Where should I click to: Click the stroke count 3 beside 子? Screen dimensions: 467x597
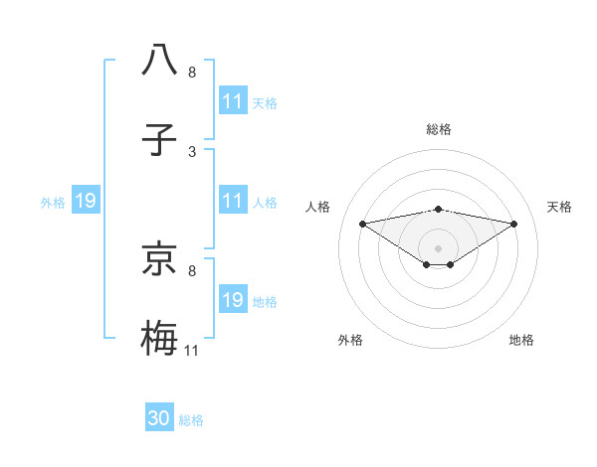click(x=192, y=152)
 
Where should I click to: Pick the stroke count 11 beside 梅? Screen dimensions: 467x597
click(x=192, y=351)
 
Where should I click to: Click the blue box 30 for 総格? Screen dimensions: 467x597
click(x=159, y=418)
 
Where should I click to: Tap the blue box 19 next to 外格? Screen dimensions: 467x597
click(x=86, y=202)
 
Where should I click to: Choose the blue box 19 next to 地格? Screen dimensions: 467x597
click(x=232, y=300)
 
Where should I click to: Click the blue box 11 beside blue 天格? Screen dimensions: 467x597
click(x=232, y=101)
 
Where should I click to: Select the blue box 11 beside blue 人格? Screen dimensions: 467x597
click(x=232, y=202)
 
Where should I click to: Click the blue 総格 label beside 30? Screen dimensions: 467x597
click(x=191, y=420)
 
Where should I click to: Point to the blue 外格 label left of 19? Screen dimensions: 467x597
click(x=53, y=203)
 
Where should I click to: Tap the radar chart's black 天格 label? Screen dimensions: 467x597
click(x=559, y=207)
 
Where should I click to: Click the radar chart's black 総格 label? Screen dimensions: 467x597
click(x=439, y=129)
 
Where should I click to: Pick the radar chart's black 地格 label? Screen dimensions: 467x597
click(x=521, y=340)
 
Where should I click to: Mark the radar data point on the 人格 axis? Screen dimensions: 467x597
click(x=363, y=224)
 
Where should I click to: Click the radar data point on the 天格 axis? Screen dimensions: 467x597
click(x=514, y=224)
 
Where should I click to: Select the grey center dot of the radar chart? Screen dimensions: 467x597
click(x=439, y=247)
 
